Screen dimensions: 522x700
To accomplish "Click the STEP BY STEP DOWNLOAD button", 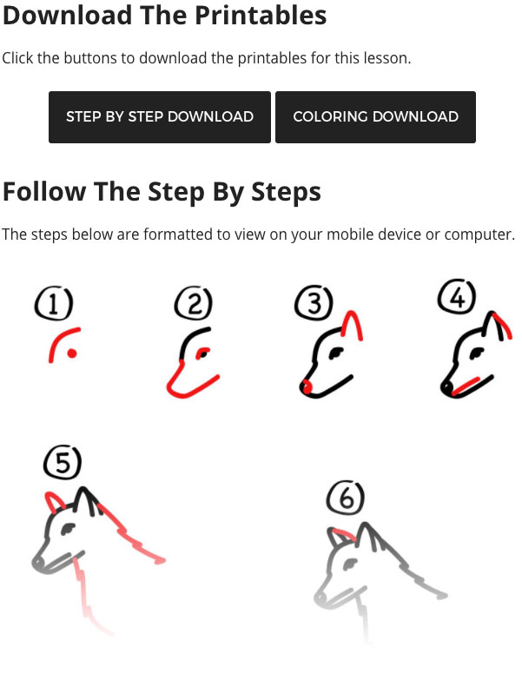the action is (x=160, y=117).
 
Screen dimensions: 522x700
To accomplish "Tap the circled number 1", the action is (x=54, y=304).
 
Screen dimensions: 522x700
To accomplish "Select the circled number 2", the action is (x=194, y=303).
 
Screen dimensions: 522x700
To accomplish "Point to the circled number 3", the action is (x=314, y=302).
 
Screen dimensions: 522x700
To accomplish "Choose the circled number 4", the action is (x=457, y=296).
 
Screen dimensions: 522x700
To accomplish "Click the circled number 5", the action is (x=63, y=462).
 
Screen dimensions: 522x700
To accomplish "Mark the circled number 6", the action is (x=346, y=498).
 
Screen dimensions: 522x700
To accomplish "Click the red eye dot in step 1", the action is (x=71, y=353).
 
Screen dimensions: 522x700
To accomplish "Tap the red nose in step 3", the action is (x=307, y=386).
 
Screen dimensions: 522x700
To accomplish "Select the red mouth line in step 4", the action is (x=466, y=386).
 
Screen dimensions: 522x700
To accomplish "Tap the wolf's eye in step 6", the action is (x=350, y=564).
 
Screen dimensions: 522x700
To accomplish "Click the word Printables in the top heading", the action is (x=261, y=16).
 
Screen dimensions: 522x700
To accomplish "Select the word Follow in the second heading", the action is (x=44, y=192).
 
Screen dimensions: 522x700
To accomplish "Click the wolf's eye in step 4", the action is (x=477, y=353).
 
